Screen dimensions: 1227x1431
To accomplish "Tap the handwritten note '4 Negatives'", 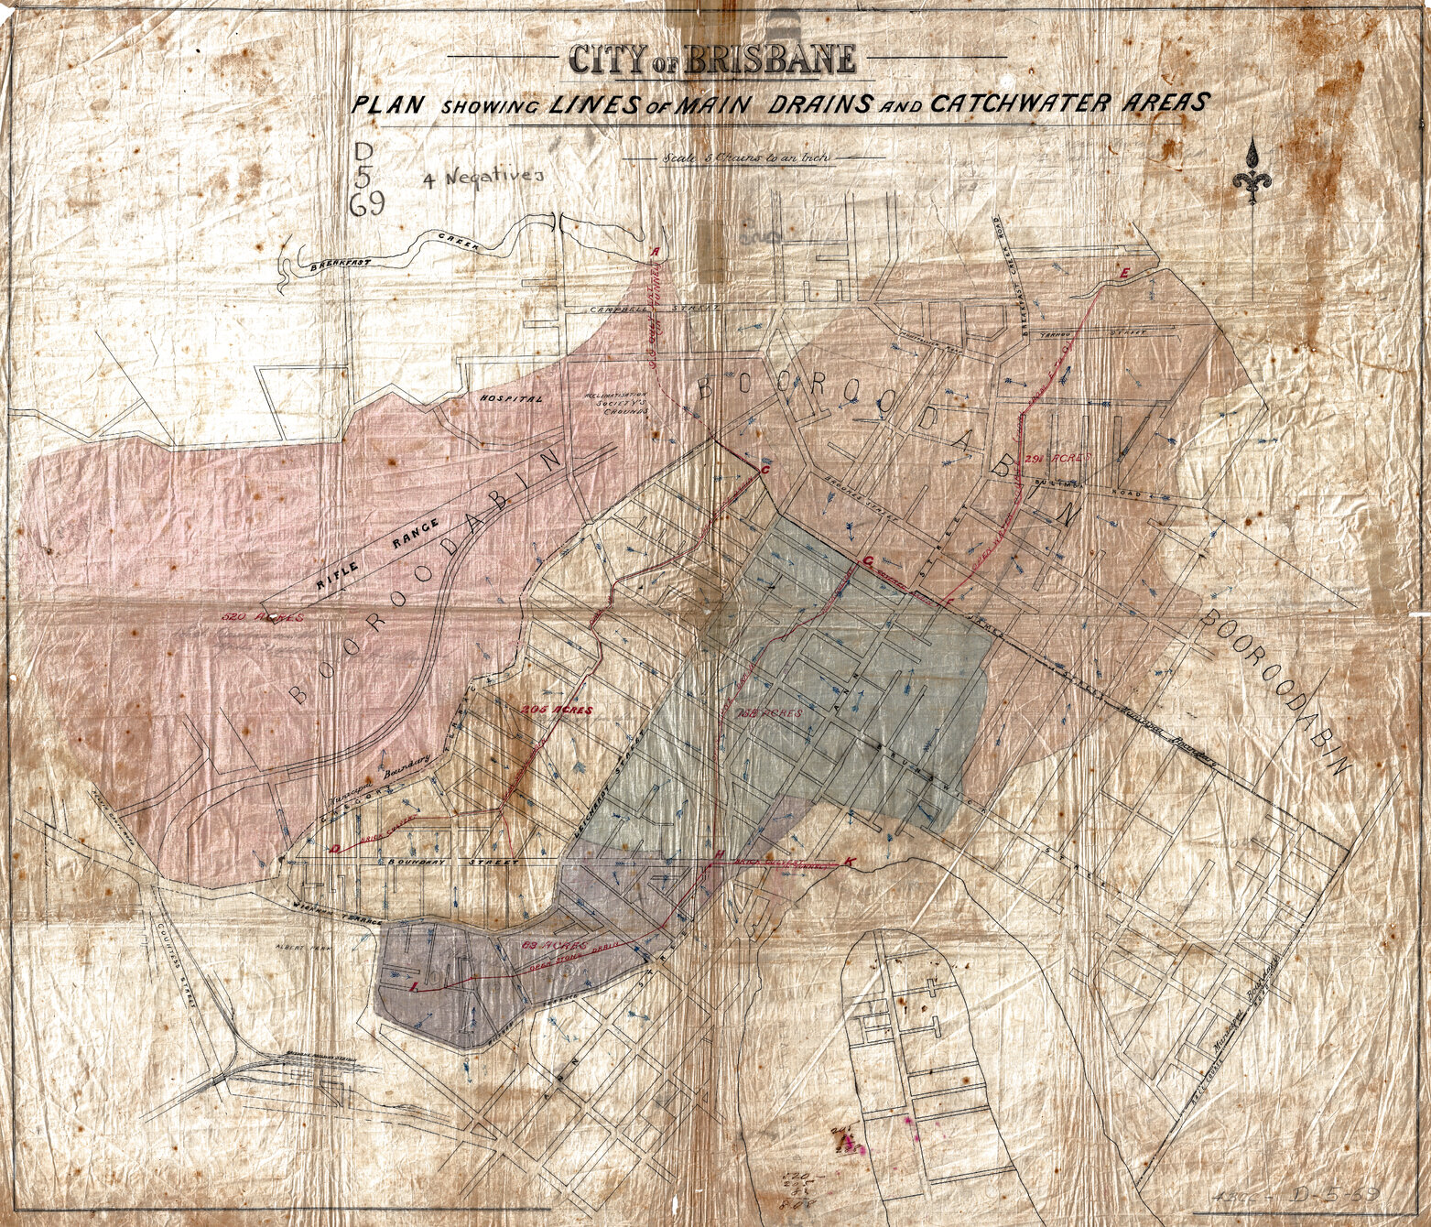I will point(483,179).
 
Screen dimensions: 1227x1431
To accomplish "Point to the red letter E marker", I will point(1125,273).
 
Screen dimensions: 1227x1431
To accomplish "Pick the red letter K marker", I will point(852,862).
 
